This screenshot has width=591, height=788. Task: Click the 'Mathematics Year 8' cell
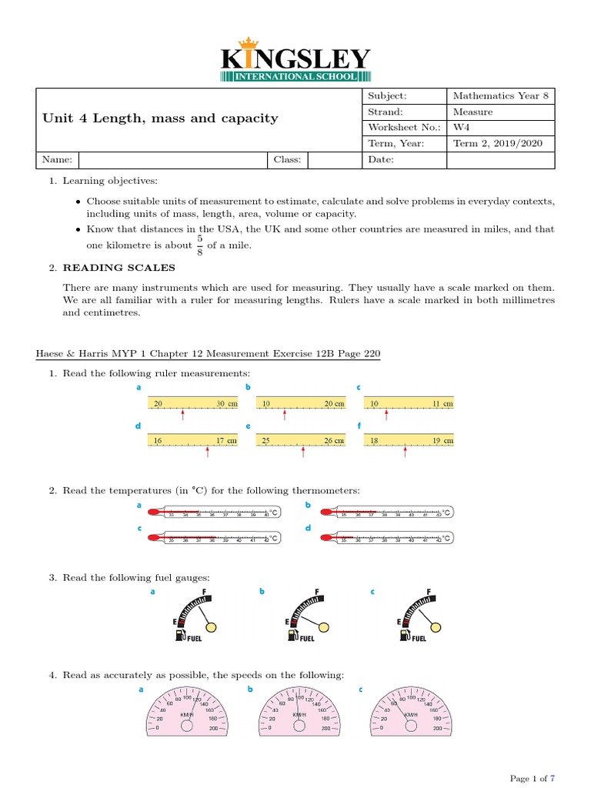click(499, 96)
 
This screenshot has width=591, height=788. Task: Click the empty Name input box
click(172, 159)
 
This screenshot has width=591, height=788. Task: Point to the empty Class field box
click(333, 159)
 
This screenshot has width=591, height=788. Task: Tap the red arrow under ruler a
click(182, 416)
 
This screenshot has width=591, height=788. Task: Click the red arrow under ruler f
click(406, 452)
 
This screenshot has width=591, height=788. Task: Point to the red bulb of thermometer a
click(152, 511)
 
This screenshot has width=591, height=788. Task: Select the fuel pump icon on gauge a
click(180, 635)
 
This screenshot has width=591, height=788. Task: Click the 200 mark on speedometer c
click(437, 727)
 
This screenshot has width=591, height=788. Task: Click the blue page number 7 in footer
click(552, 779)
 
